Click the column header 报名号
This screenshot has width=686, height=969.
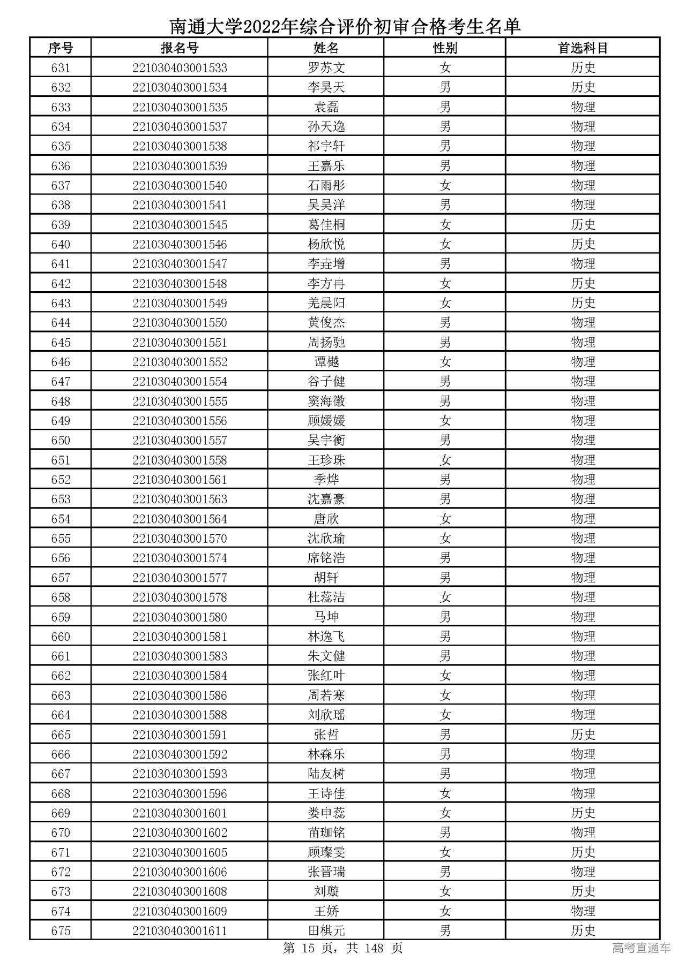(x=180, y=48)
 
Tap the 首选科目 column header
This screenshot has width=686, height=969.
(x=583, y=48)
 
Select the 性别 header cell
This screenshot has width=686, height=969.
(x=445, y=48)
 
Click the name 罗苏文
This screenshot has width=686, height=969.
(x=326, y=68)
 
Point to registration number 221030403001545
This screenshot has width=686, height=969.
(x=180, y=225)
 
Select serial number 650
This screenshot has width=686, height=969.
(x=61, y=441)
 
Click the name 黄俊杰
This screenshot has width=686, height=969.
(x=326, y=323)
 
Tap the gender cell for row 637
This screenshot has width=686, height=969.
(x=445, y=186)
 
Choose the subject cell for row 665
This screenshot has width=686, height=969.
(x=583, y=735)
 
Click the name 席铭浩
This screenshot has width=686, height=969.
(x=326, y=558)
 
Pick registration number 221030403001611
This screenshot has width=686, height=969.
(x=180, y=931)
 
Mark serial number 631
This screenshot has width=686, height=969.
(x=61, y=68)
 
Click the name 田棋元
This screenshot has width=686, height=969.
(x=326, y=931)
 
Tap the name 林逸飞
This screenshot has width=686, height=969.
(x=326, y=637)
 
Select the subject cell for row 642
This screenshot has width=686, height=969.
(x=583, y=284)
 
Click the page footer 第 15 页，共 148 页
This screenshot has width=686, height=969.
(x=342, y=948)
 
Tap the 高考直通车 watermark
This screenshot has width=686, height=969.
(x=641, y=948)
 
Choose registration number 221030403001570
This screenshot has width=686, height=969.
(x=180, y=539)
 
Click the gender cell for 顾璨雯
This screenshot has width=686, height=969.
(x=445, y=852)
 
